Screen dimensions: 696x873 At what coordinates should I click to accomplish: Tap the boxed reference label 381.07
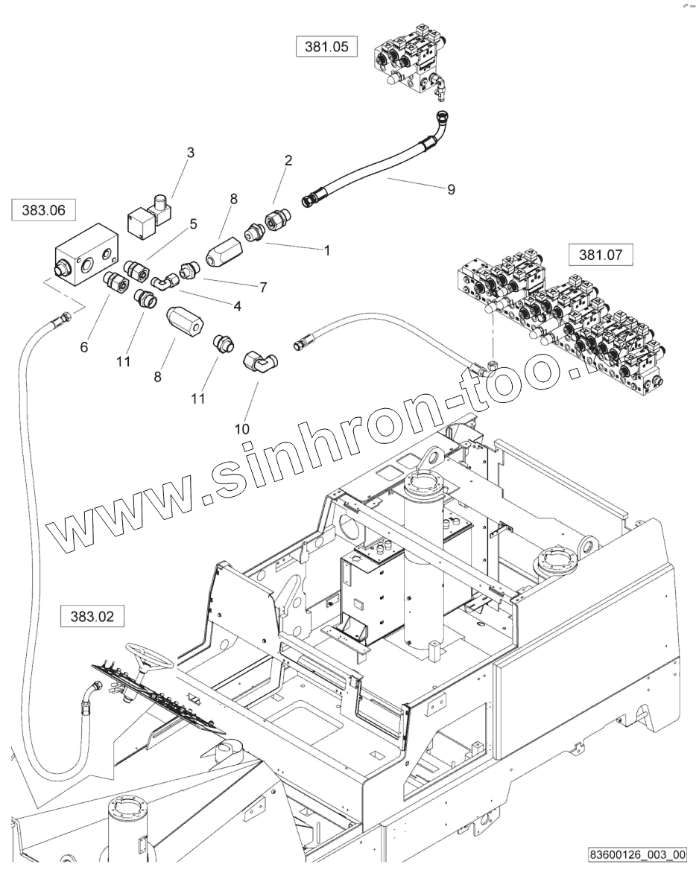coord(600,255)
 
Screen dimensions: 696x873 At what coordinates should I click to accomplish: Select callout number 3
coord(190,153)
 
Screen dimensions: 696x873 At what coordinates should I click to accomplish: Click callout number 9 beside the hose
coord(451,189)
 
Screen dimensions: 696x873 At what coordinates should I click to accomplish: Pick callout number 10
coord(242,428)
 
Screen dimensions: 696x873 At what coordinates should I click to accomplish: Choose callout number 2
coord(288,160)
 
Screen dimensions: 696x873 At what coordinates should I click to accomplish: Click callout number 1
coord(326,250)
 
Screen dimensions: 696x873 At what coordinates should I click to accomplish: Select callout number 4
coord(236,305)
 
